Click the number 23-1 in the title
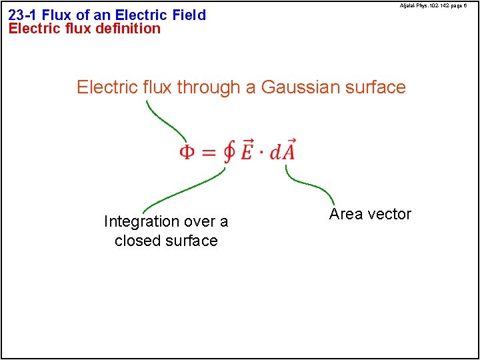[23, 15]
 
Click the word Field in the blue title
[189, 15]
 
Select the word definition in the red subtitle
[129, 29]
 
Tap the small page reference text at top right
[433, 5]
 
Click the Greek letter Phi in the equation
[188, 153]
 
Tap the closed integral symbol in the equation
[229, 153]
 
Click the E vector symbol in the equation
[247, 151]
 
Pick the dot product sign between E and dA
[262, 153]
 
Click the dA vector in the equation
[283, 151]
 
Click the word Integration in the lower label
[141, 221]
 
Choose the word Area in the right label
[345, 214]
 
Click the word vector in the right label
[389, 214]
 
